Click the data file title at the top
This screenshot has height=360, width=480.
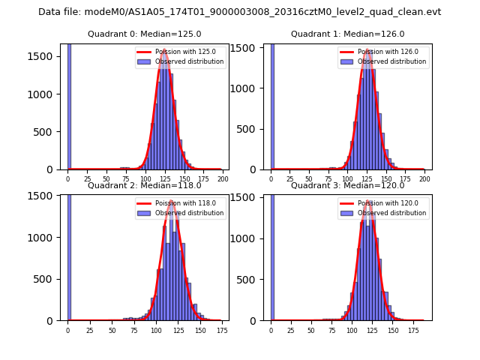coord(239,12)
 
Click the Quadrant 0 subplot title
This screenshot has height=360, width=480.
coord(144,34)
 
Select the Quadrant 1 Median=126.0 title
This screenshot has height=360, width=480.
coord(347,34)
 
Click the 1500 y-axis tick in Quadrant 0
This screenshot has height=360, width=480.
coord(45,56)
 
